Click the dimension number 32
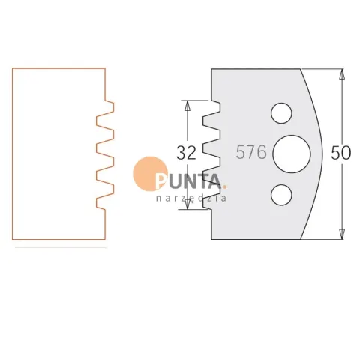186,153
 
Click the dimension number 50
341,153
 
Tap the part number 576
251,152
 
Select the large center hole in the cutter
292,154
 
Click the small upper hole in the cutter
281,113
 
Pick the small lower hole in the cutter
281,195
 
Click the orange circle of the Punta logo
149,173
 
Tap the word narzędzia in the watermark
191,198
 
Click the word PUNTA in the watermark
188,181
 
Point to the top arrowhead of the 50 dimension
342,73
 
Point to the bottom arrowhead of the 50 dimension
342,235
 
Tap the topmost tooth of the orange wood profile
110,106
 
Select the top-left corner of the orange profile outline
13,68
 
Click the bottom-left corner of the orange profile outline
13,239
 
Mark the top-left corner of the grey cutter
211,69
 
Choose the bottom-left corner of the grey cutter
211,239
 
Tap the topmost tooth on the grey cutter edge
216,107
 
